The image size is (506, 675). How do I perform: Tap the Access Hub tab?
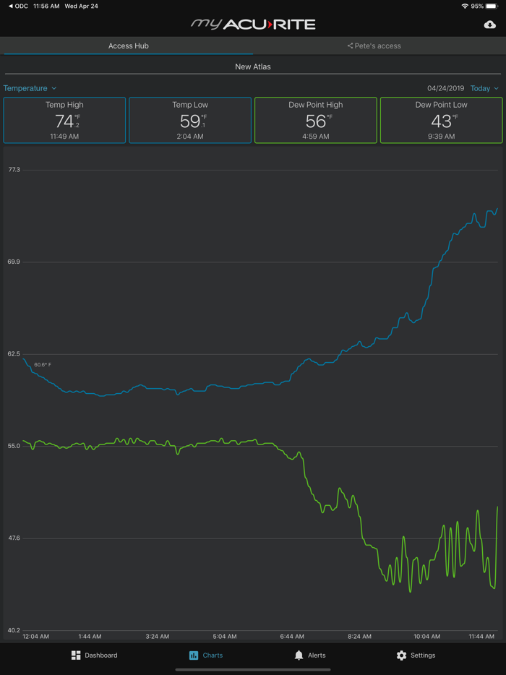[128, 46]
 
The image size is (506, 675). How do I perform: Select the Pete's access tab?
[374, 46]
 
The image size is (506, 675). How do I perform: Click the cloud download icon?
[489, 25]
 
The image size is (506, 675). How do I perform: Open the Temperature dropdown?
[30, 88]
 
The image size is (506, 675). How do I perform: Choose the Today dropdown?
[484, 88]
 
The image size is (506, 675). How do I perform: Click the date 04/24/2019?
[445, 88]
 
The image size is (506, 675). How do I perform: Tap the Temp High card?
[64, 120]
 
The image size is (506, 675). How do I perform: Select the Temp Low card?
[190, 120]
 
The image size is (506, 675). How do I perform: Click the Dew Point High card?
[316, 120]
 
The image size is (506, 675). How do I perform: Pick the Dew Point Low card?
[441, 120]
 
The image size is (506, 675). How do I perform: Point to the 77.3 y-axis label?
[14, 170]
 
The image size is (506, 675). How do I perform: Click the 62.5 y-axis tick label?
[14, 354]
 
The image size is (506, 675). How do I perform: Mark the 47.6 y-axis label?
[14, 538]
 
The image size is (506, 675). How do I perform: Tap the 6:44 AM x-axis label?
[292, 637]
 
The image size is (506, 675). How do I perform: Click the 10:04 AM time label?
[426, 637]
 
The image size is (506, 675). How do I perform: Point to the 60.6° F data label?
[43, 365]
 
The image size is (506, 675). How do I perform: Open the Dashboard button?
[94, 655]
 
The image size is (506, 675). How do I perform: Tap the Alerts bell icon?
[299, 655]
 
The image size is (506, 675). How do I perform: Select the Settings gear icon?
[401, 655]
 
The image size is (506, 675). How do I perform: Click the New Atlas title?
[253, 66]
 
